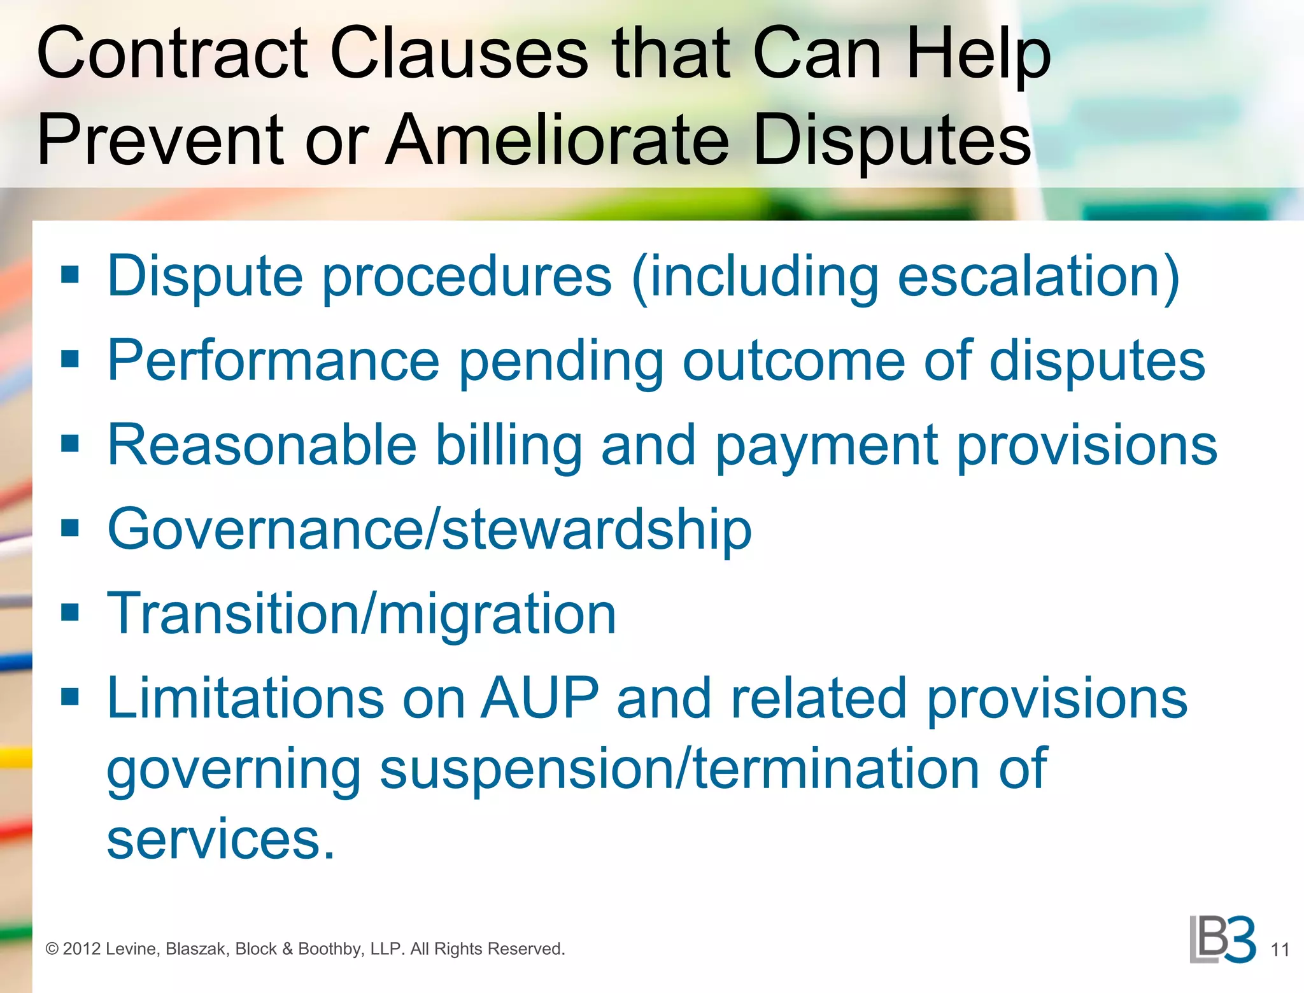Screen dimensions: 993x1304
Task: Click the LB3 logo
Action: (1222, 940)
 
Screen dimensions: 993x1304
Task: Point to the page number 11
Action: (1280, 950)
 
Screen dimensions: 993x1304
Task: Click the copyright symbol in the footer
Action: (52, 949)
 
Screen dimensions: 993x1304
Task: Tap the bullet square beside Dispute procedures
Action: (70, 274)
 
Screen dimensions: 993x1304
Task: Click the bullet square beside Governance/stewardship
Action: (70, 528)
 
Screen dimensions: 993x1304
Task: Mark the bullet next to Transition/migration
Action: (70, 612)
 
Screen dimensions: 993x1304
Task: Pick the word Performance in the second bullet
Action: (273, 360)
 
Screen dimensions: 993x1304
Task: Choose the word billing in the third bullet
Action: (508, 446)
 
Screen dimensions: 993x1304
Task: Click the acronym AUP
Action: (539, 698)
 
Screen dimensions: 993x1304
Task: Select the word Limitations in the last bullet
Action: (245, 698)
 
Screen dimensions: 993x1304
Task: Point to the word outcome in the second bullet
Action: (793, 360)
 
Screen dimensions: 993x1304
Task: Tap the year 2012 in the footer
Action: (81, 949)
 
